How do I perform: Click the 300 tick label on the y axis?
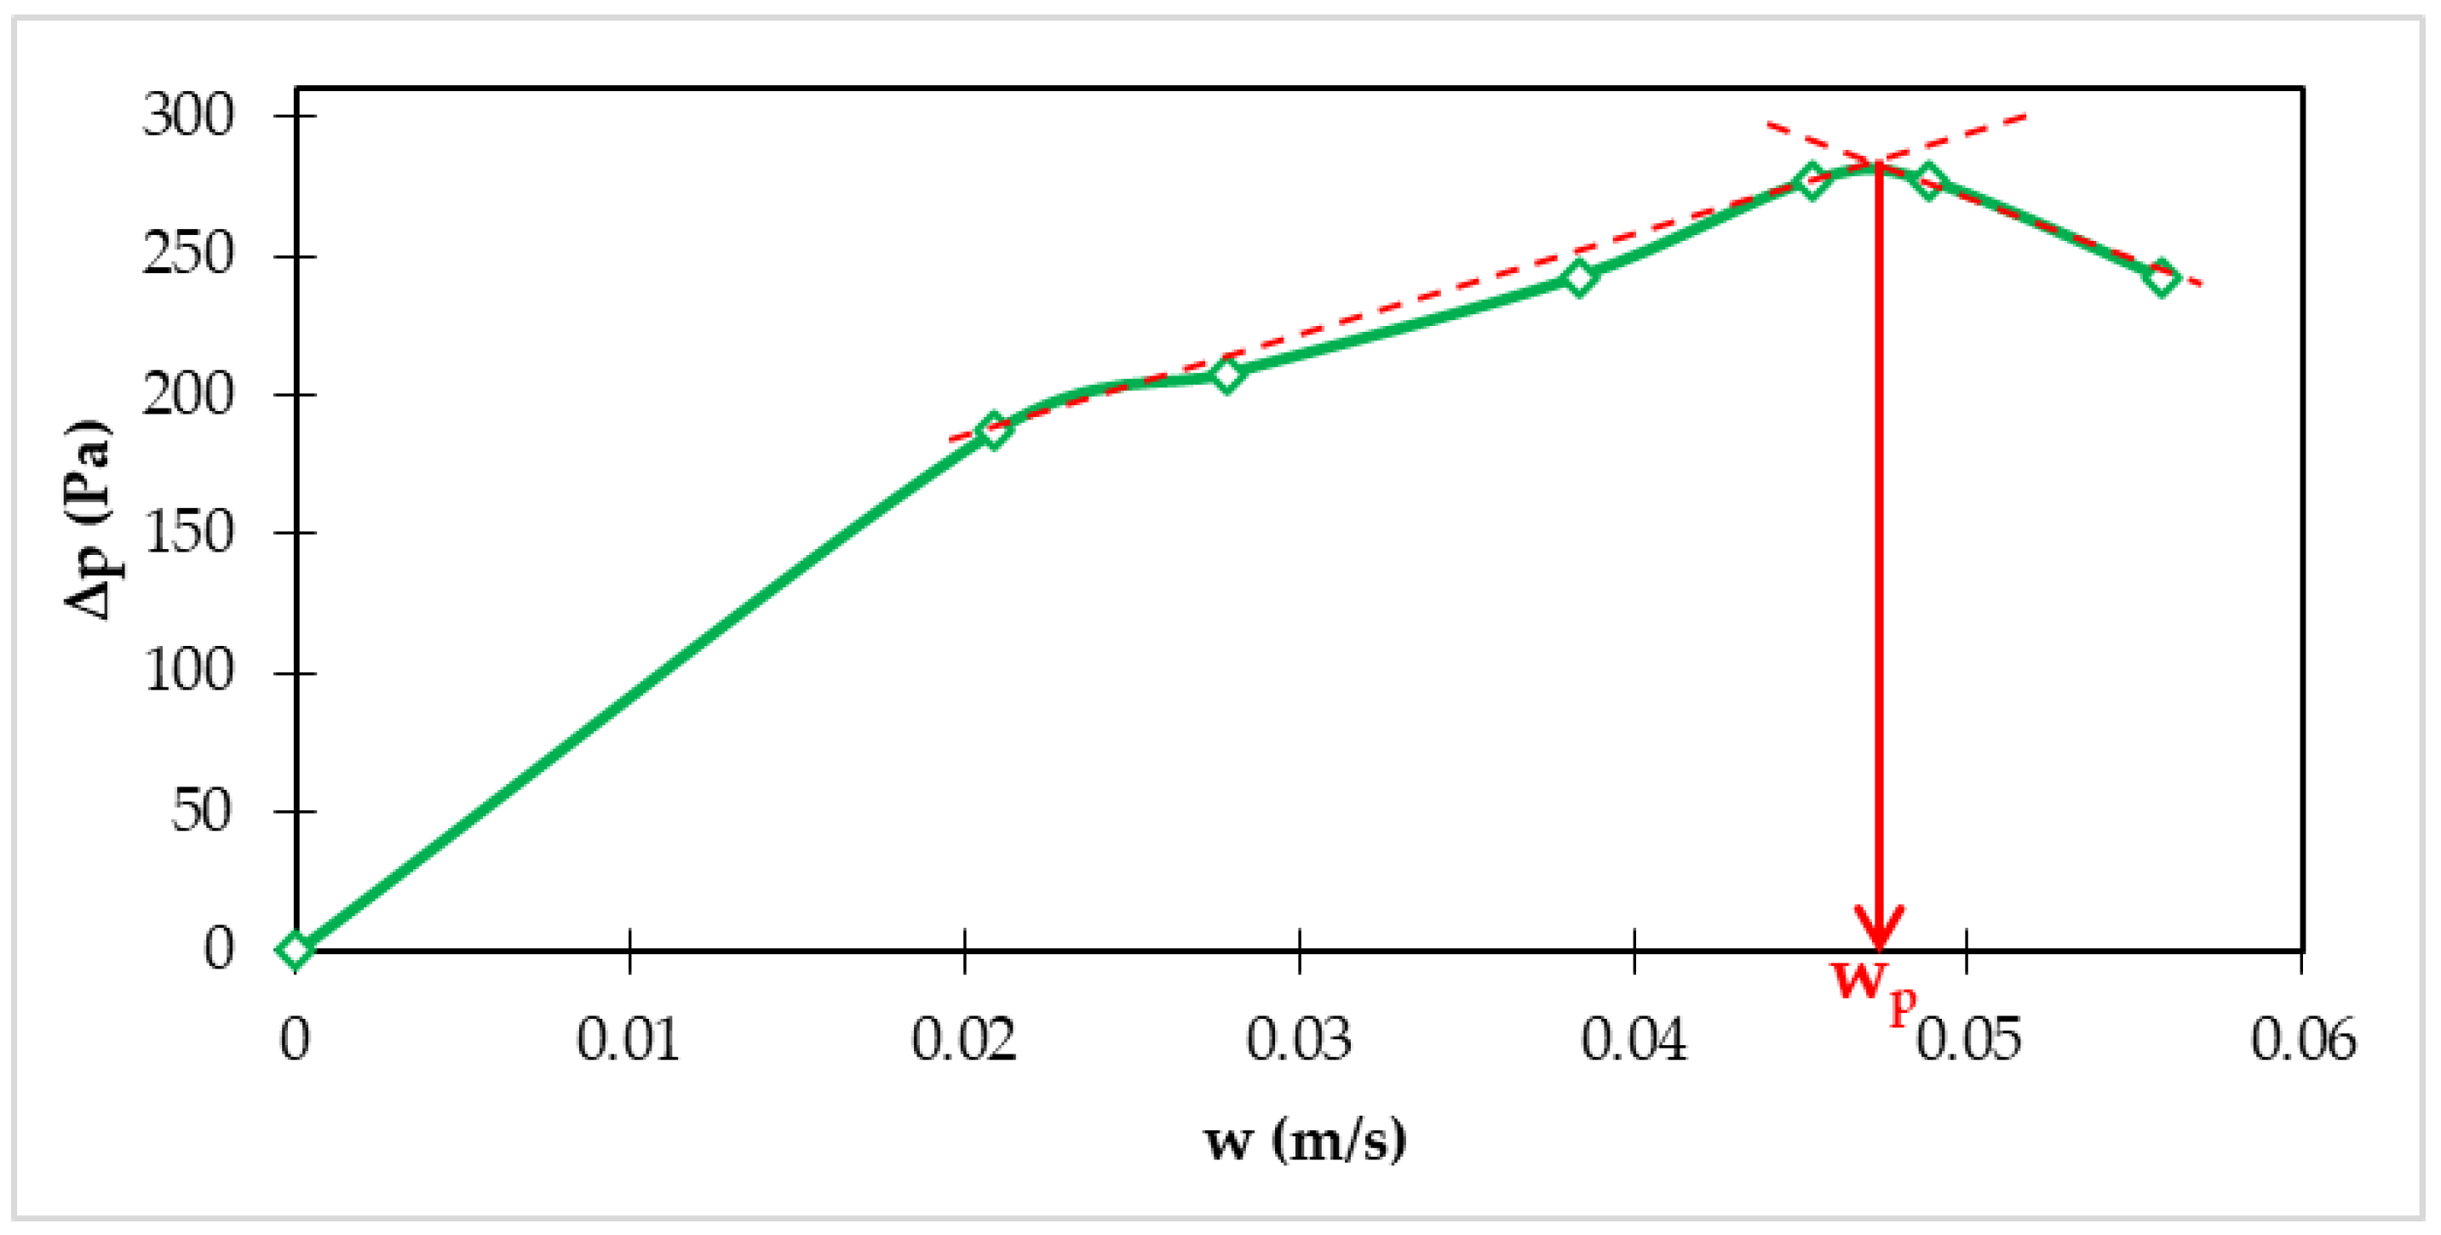pyautogui.click(x=187, y=116)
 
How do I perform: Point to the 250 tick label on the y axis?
pyautogui.click(x=187, y=254)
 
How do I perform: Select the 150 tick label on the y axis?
pyautogui.click(x=187, y=532)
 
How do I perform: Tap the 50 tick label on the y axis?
pyautogui.click(x=201, y=810)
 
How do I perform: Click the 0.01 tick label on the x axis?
pyautogui.click(x=629, y=1039)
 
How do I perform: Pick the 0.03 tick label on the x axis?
pyautogui.click(x=1298, y=1039)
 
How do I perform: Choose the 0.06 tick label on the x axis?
pyautogui.click(x=2303, y=1039)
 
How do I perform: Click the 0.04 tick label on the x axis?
pyautogui.click(x=1634, y=1039)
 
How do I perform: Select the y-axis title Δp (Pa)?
pyautogui.click(x=88, y=519)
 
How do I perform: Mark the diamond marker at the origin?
pyautogui.click(x=296, y=949)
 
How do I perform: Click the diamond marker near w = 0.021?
pyautogui.click(x=993, y=431)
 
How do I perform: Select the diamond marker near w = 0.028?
pyautogui.click(x=1227, y=375)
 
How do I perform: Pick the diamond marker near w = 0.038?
pyautogui.click(x=1579, y=277)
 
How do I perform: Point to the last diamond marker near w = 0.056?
pyautogui.click(x=2162, y=278)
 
